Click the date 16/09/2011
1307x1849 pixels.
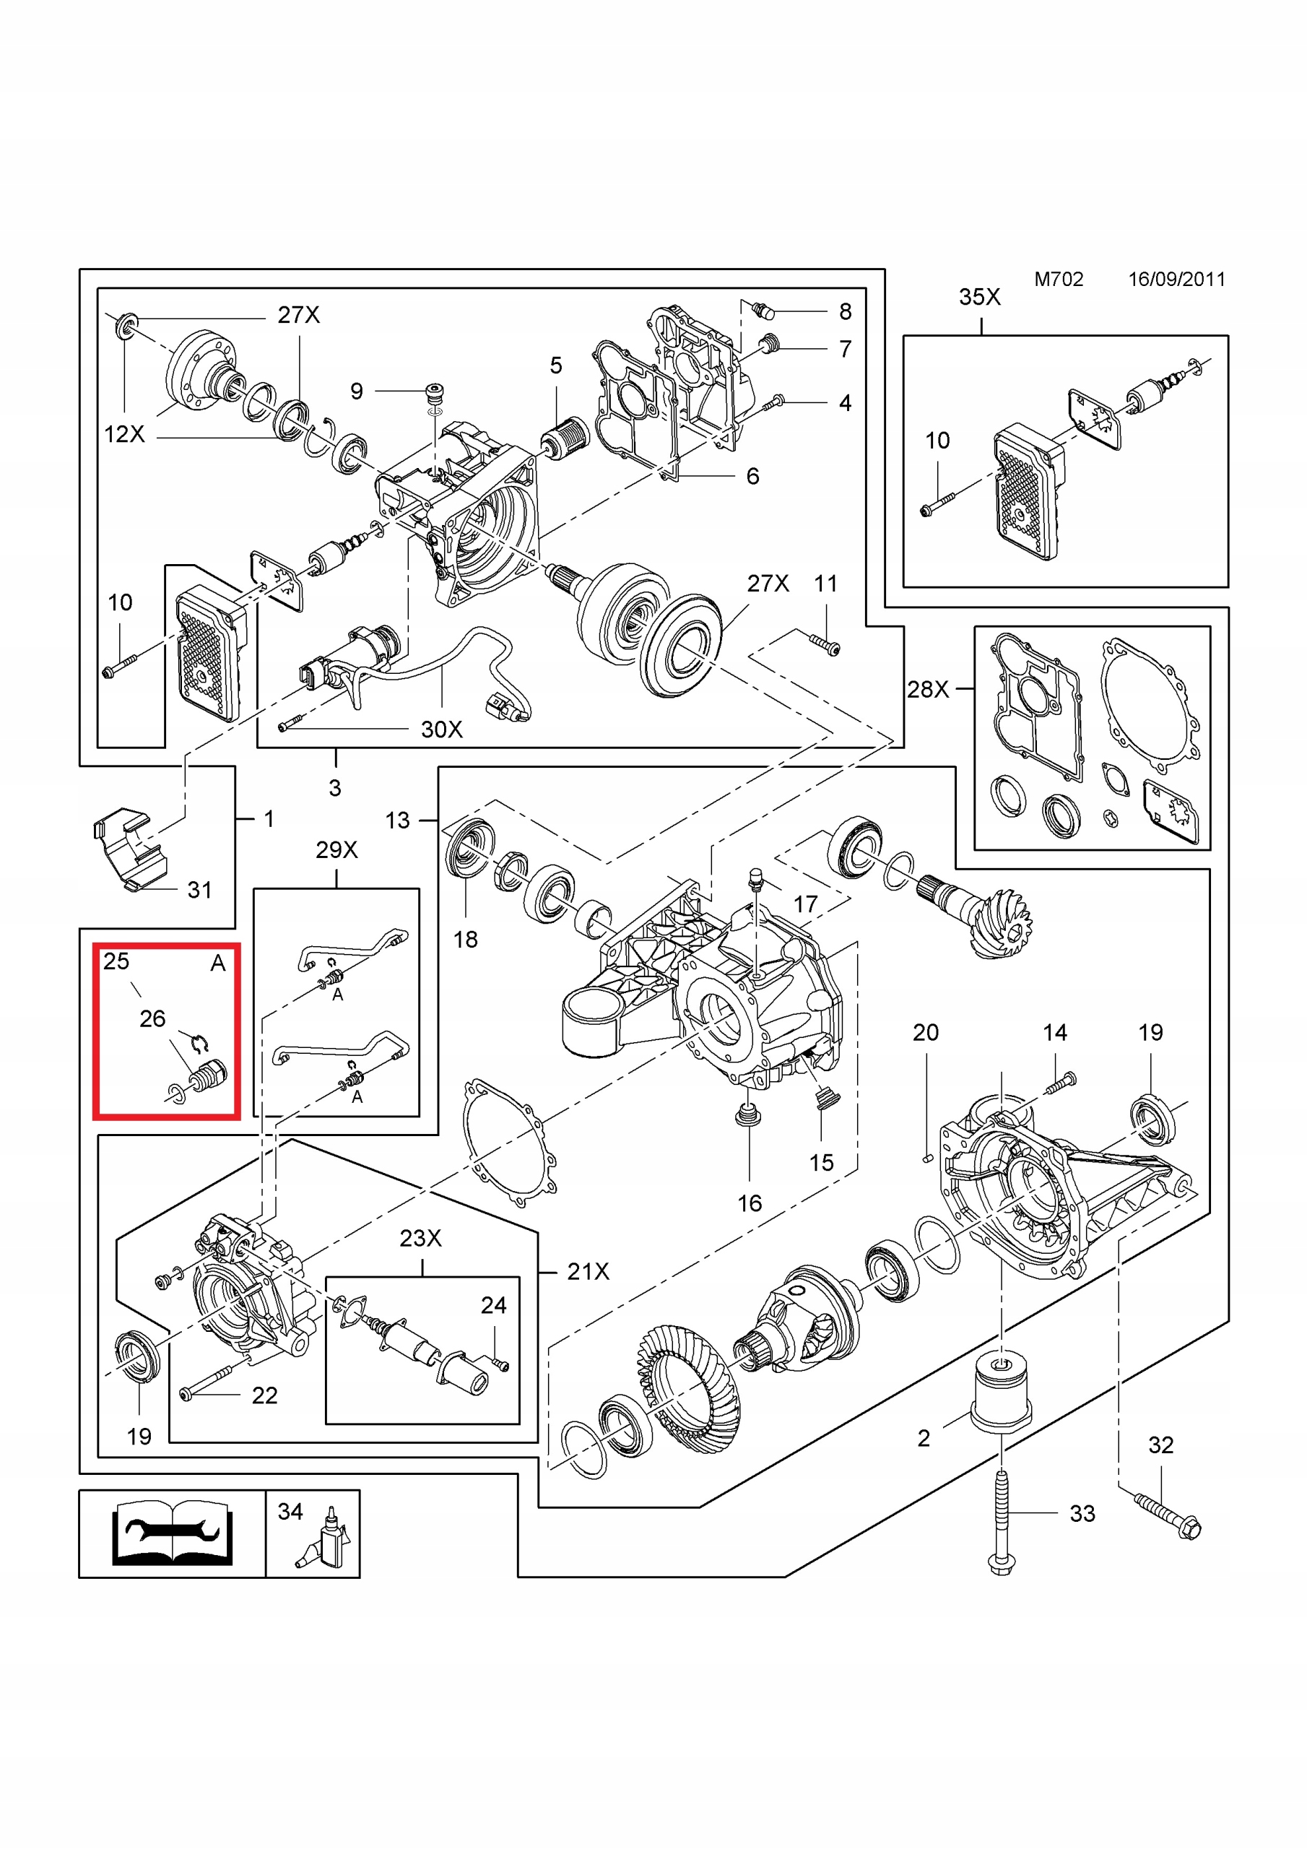(1176, 280)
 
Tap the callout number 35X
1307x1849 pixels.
(979, 297)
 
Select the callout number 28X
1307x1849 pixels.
(928, 689)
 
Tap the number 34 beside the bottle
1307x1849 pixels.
(290, 1512)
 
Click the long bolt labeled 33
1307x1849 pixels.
(1001, 1522)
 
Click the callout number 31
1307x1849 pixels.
(200, 890)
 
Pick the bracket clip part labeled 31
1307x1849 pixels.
(129, 849)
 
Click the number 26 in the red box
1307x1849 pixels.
(152, 1018)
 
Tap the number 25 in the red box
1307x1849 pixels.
(116, 961)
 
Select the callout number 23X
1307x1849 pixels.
(420, 1238)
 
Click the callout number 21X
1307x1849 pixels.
(588, 1272)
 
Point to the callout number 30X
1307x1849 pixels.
(441, 729)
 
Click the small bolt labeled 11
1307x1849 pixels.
(823, 644)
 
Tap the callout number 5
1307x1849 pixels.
(556, 365)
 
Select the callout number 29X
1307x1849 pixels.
(336, 849)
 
